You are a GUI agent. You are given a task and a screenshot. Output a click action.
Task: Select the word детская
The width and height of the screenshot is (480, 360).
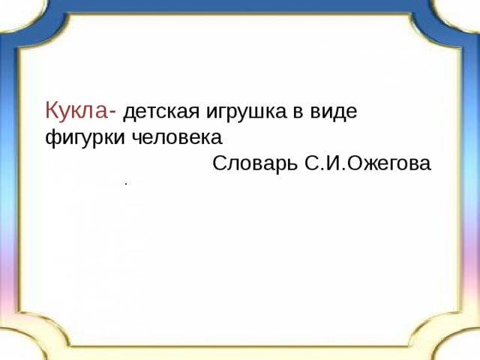click(154, 113)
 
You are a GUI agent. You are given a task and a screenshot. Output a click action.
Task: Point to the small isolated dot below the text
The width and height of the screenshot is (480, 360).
click(127, 183)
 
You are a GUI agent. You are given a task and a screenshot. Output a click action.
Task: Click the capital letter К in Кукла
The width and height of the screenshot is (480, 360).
click(52, 112)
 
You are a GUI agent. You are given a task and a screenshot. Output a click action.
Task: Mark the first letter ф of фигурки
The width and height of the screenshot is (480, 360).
click(50, 139)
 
